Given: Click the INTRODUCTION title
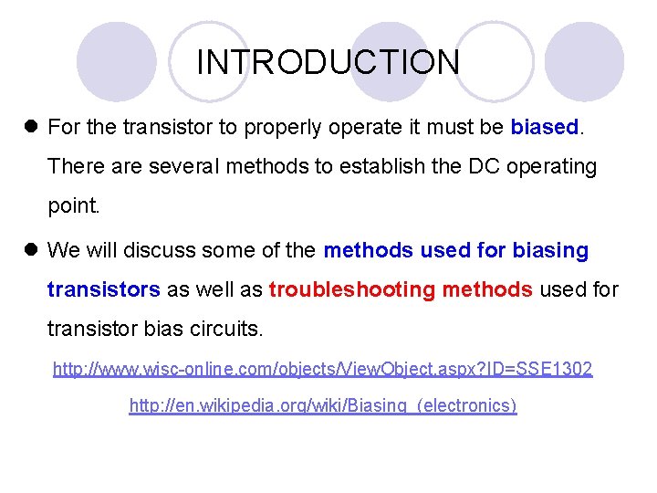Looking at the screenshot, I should pos(328,63).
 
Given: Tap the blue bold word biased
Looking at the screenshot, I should pos(545,127).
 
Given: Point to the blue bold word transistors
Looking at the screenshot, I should pos(103,289).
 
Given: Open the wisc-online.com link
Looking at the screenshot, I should pos(322,369).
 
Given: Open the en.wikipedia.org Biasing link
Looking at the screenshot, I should pos(323,405).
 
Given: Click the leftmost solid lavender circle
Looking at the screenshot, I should pos(116,61).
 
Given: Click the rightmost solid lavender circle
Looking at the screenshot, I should pos(585,61).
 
